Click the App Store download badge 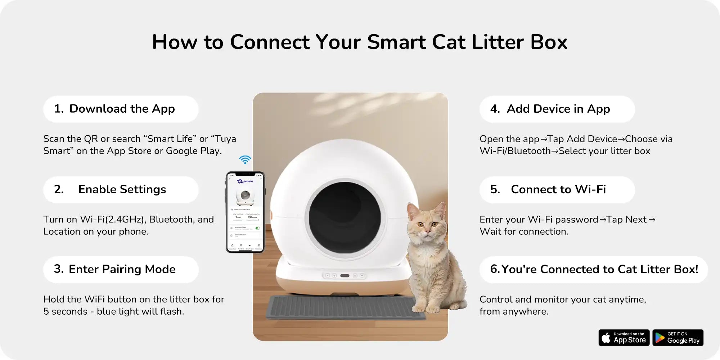point(624,338)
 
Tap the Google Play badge point(678,338)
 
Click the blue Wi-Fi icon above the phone point(245,159)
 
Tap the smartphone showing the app point(245,212)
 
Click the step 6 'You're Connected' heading point(594,269)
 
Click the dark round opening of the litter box point(345,217)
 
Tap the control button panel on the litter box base point(345,276)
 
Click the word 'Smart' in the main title point(396,42)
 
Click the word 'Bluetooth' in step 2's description point(171,220)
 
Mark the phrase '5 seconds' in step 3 point(65,311)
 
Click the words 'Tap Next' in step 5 point(626,220)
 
